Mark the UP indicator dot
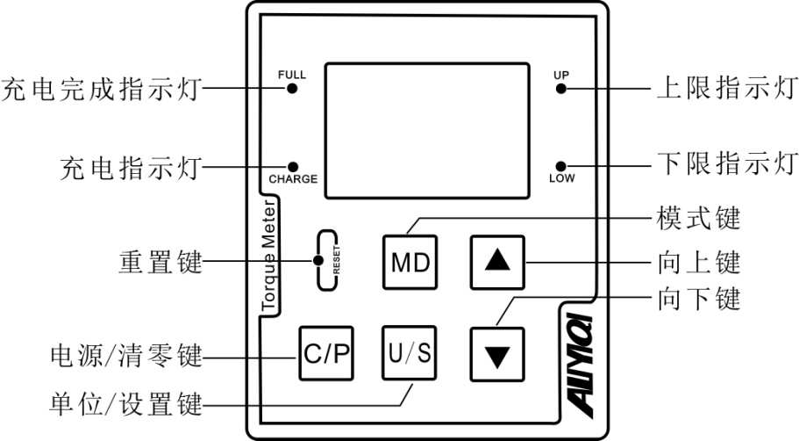point(561,89)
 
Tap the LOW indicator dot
point(561,165)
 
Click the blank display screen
point(426,130)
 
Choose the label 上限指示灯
point(727,89)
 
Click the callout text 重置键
point(160,262)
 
